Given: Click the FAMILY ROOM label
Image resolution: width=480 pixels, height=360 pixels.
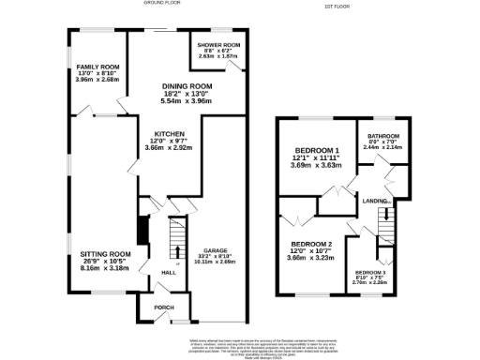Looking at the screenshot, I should (x=97, y=67).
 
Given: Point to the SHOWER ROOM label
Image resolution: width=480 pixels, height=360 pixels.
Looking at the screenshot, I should (x=217, y=44).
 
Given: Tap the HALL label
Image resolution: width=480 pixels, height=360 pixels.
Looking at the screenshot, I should (x=169, y=273).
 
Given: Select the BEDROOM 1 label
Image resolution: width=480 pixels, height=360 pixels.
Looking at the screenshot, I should (x=317, y=151).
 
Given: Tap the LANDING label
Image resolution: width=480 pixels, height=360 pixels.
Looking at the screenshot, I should (x=377, y=200).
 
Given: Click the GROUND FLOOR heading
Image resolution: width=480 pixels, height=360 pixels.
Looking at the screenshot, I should (x=161, y=4).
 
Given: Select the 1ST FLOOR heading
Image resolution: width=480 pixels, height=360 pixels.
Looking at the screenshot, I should (x=337, y=7).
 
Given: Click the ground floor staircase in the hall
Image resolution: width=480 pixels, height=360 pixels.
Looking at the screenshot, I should (x=173, y=238).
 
